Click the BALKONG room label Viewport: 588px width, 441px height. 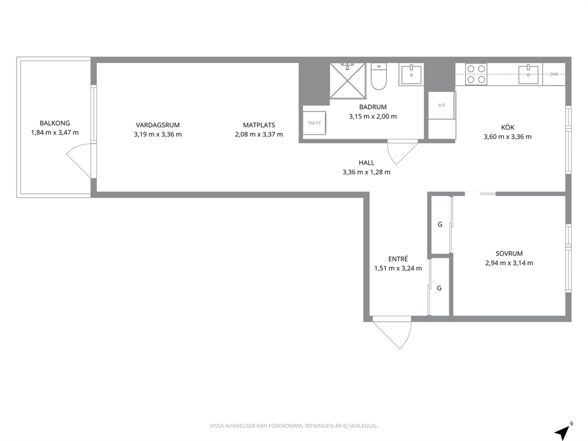pos(55,123)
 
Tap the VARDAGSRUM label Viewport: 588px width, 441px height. pos(158,125)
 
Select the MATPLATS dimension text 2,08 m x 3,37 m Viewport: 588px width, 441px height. pos(259,134)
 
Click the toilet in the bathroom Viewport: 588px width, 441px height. pos(379,76)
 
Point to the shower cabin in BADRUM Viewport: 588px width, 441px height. pos(347,80)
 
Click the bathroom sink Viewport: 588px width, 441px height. pos(411,74)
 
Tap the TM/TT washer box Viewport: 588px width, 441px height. pos(314,123)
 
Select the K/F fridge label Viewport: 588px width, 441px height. pos(442,106)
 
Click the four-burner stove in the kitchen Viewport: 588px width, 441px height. pos(476,74)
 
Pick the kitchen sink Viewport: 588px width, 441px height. pos(529,74)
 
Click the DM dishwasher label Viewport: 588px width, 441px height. pos(554,74)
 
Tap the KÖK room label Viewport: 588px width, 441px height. pos(508,127)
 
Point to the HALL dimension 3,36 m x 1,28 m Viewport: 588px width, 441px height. pos(366,172)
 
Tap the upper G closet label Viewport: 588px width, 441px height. pos(440,224)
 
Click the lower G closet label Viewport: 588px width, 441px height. pos(439,288)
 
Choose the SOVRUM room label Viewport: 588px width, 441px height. pos(509,254)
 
